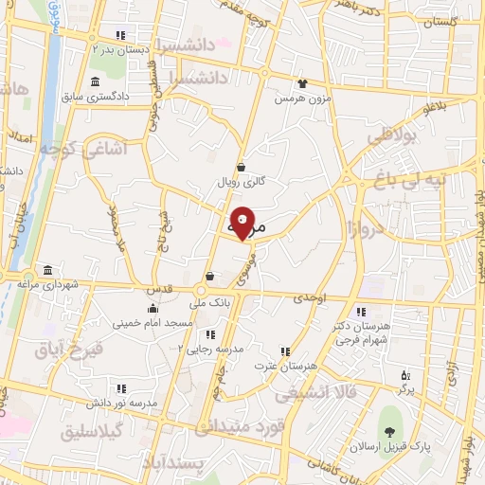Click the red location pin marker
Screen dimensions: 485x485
click(242, 223)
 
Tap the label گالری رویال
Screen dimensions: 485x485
click(242, 180)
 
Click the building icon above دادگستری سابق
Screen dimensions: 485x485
click(94, 81)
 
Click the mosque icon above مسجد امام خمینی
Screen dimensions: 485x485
click(153, 308)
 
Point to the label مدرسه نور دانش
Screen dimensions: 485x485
click(119, 403)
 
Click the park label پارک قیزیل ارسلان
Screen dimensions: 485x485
click(389, 445)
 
